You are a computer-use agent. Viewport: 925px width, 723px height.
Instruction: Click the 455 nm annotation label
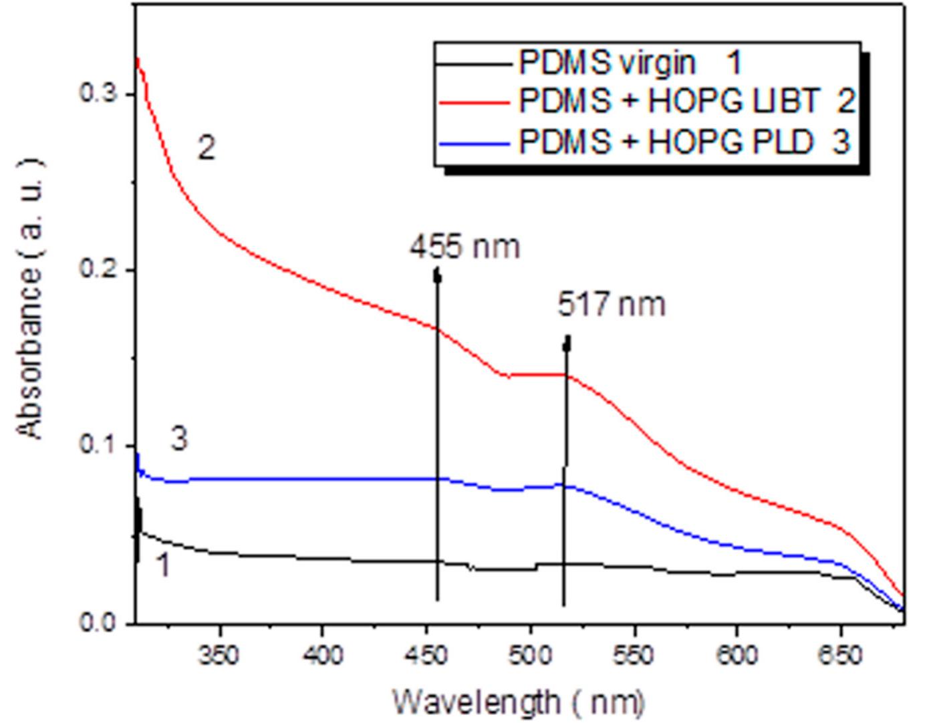pyautogui.click(x=465, y=247)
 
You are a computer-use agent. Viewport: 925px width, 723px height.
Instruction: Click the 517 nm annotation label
pyautogui.click(x=612, y=305)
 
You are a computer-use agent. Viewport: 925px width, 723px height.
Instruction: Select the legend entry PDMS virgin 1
pyautogui.click(x=630, y=63)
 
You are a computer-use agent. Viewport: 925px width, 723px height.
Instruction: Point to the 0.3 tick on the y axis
pyautogui.click(x=98, y=93)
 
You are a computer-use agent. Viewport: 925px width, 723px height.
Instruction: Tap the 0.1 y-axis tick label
pyautogui.click(x=98, y=445)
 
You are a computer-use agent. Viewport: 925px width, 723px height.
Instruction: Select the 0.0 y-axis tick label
pyautogui.click(x=98, y=622)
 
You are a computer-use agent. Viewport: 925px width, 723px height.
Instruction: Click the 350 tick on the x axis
pyautogui.click(x=219, y=656)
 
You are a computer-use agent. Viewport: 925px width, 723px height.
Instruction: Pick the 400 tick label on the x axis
pyautogui.click(x=322, y=656)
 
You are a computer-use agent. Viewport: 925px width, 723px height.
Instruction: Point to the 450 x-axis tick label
pyautogui.click(x=426, y=656)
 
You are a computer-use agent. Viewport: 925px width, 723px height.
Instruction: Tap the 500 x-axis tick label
pyautogui.click(x=529, y=656)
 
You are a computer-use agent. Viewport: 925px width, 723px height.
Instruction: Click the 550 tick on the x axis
pyautogui.click(x=633, y=656)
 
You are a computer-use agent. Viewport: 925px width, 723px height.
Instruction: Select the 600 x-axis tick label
pyautogui.click(x=736, y=656)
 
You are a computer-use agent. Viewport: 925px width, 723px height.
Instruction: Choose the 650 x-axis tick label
pyautogui.click(x=839, y=656)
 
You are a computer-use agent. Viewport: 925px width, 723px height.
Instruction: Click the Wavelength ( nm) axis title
pyautogui.click(x=519, y=702)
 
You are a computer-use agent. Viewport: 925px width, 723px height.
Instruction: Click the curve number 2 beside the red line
pyautogui.click(x=207, y=148)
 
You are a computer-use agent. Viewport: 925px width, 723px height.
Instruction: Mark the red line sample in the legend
pyautogui.click(x=473, y=102)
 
